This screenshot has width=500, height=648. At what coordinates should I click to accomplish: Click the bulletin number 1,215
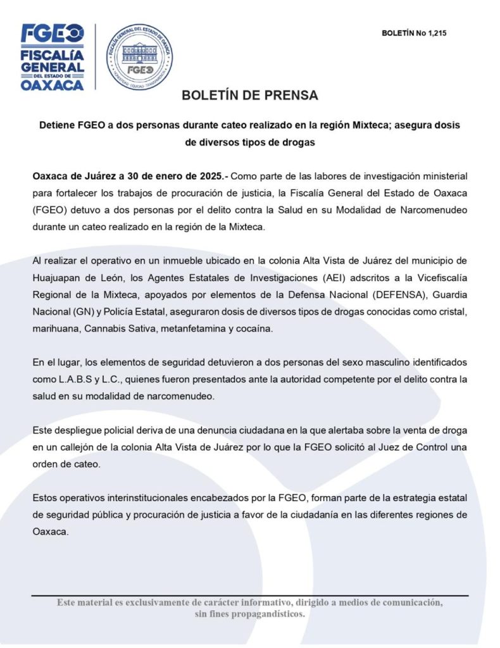pyautogui.click(x=437, y=33)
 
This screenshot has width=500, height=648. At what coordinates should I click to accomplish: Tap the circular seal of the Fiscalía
pyautogui.click(x=139, y=56)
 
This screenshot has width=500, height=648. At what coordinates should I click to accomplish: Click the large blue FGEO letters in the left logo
pyautogui.click(x=53, y=34)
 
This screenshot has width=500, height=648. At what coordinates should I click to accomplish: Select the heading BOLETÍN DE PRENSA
pyautogui.click(x=249, y=96)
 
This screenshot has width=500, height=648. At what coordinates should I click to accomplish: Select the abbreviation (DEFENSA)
pyautogui.click(x=365, y=294)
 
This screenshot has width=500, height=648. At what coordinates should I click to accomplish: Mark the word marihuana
pyautogui.click(x=56, y=328)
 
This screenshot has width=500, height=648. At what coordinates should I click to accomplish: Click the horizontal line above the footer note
pyautogui.click(x=249, y=595)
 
